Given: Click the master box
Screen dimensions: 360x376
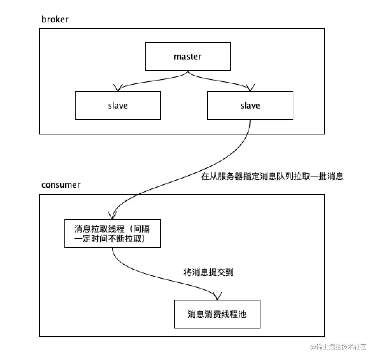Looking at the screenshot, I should click(188, 56).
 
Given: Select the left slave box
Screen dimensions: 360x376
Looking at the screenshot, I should click(118, 105).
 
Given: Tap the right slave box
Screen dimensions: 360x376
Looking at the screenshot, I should click(250, 105).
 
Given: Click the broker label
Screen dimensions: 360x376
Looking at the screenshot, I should click(55, 19).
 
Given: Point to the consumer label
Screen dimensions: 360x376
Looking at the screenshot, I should click(61, 185).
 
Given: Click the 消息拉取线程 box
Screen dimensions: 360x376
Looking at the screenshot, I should click(113, 234).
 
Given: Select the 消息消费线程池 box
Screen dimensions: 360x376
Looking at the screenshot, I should click(217, 314).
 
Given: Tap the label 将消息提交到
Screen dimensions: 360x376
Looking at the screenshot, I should click(208, 272).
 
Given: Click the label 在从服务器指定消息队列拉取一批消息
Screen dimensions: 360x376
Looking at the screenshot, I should click(272, 176).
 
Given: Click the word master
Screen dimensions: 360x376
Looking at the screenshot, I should click(188, 56).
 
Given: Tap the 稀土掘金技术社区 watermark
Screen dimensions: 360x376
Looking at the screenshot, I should click(337, 347).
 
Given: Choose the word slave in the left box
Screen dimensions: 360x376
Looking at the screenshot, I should click(118, 105).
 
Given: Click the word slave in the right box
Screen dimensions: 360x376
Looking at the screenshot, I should click(250, 105).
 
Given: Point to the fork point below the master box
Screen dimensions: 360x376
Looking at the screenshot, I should click(188, 72).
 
